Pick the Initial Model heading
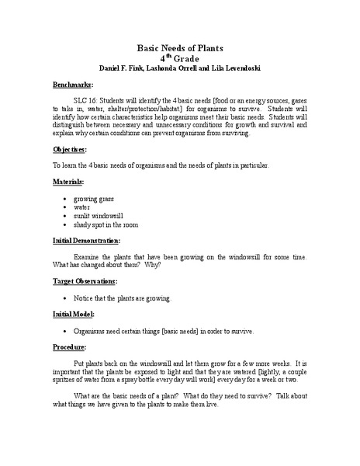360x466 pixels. (x=74, y=315)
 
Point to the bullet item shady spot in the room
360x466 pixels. (x=106, y=224)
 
